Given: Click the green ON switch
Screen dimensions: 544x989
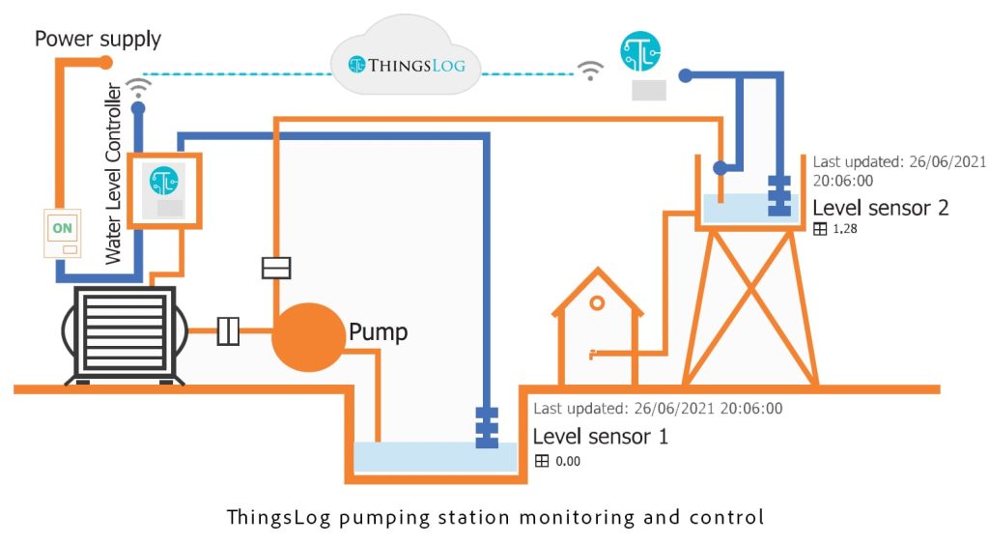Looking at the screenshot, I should pyautogui.click(x=62, y=228).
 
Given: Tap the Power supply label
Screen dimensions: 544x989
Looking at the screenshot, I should pyautogui.click(x=98, y=40).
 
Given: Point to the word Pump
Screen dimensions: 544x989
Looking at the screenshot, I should pyautogui.click(x=378, y=333).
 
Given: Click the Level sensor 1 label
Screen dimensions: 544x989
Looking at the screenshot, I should pyautogui.click(x=600, y=437).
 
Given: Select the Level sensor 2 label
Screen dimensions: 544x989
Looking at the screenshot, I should pyautogui.click(x=881, y=208).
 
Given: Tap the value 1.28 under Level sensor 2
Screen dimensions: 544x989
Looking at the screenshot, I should pyautogui.click(x=845, y=230).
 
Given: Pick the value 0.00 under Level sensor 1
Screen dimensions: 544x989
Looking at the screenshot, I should pyautogui.click(x=568, y=462).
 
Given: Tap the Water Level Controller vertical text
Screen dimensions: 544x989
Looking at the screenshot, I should pyautogui.click(x=114, y=174).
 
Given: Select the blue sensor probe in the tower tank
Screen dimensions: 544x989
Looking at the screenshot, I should pyautogui.click(x=779, y=194).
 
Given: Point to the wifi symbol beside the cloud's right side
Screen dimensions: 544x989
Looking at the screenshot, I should pyautogui.click(x=589, y=70).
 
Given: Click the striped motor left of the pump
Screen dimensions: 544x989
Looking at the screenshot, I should pyautogui.click(x=119, y=331).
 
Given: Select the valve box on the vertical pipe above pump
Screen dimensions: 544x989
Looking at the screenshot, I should pyautogui.click(x=276, y=268).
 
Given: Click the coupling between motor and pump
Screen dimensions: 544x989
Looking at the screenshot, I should pyautogui.click(x=228, y=332).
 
